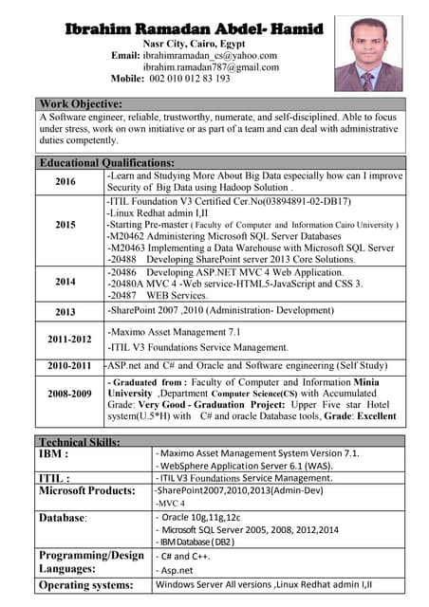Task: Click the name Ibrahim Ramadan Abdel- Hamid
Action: [196, 28]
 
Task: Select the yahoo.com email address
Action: [210, 55]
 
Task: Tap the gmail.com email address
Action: [212, 67]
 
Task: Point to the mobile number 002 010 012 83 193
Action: [190, 79]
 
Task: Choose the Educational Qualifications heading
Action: [106, 162]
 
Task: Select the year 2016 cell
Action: [65, 182]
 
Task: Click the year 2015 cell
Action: [65, 226]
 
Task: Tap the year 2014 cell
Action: [65, 282]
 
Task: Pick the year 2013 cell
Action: [65, 311]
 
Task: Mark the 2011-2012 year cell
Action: [70, 340]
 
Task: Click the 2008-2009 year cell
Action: [70, 395]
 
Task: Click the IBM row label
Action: [53, 454]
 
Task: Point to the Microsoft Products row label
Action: [86, 490]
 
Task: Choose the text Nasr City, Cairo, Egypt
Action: [195, 44]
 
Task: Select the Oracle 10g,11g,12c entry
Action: [198, 517]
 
